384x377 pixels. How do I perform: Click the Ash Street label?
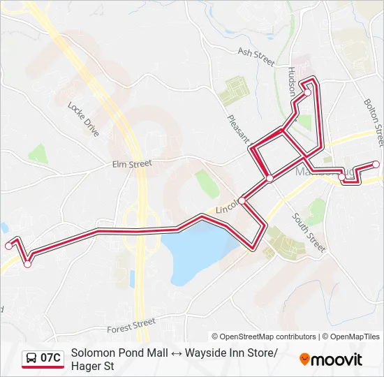(256, 57)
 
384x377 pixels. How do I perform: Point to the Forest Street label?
(131, 325)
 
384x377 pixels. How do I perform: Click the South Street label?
(309, 232)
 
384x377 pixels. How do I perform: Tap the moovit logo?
(331, 360)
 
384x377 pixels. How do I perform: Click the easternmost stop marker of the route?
(376, 164)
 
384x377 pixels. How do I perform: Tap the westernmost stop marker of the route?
(8, 245)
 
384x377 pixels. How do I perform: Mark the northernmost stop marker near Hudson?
(307, 91)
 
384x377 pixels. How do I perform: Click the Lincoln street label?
(228, 209)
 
